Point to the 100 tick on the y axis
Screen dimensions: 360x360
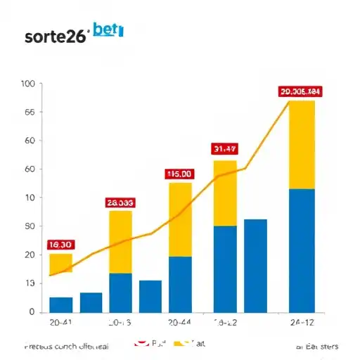tap(28, 84)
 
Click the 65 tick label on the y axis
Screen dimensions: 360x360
tap(29, 112)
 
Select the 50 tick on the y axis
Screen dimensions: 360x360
tap(29, 226)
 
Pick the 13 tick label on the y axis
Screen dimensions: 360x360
tap(29, 283)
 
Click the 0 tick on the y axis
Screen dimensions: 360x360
tap(32, 311)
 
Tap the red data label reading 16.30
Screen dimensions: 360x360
tap(60, 245)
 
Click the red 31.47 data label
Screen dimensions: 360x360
tap(224, 148)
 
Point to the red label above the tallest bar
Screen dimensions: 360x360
tap(300, 91)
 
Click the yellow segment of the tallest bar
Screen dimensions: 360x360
tap(302, 144)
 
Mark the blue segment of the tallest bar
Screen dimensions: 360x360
tap(302, 250)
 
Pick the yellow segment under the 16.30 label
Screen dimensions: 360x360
tap(60, 263)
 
